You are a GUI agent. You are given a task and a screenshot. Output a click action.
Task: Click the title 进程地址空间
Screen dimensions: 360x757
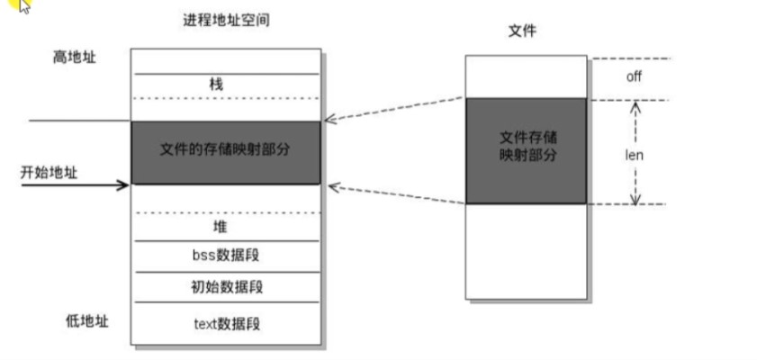[x=226, y=20]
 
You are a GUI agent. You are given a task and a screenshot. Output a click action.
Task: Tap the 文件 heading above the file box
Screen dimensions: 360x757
[x=523, y=31]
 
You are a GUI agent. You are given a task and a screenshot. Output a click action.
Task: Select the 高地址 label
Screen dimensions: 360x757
[x=74, y=58]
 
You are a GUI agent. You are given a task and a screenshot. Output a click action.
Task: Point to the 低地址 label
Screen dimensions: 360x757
[x=87, y=320]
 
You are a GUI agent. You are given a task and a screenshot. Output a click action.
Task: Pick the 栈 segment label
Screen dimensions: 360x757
[x=216, y=85]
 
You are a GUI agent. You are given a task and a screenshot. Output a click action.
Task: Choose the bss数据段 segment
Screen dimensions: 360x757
[x=225, y=256]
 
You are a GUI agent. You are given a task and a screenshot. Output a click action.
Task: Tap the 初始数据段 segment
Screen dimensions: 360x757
[x=225, y=287]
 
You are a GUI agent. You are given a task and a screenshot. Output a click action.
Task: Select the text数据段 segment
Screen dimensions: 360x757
[x=225, y=322]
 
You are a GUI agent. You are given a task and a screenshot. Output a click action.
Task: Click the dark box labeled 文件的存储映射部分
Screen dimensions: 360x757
[x=225, y=152]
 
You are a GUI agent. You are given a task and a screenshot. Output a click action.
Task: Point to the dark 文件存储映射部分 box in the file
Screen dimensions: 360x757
[x=526, y=150]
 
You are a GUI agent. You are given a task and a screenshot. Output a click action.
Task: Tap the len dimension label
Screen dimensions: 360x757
[x=635, y=155]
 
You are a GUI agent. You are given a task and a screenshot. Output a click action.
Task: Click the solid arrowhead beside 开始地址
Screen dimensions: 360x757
[x=125, y=186]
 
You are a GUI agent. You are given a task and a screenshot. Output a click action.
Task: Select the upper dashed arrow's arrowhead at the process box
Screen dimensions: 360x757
[x=329, y=119]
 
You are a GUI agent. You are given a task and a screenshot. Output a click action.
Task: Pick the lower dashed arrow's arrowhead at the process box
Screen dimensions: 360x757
[x=332, y=186]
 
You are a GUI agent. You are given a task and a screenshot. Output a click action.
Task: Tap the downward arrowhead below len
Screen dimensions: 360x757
[x=635, y=199]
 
